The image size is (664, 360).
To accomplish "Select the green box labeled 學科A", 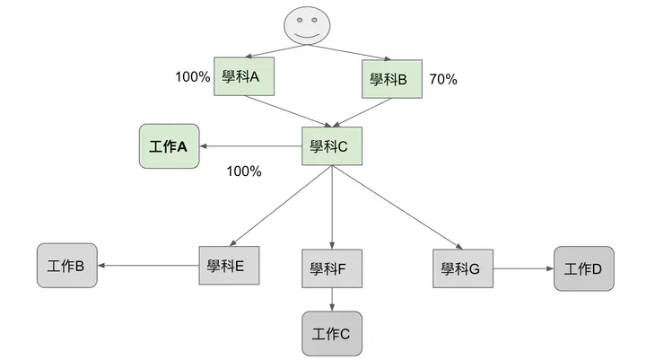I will (x=244, y=77).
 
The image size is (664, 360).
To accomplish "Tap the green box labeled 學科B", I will (x=391, y=79).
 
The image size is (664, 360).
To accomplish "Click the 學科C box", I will (x=332, y=145).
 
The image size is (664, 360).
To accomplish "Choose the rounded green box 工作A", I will (x=169, y=145).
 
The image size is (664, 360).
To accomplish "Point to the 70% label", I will (x=443, y=79).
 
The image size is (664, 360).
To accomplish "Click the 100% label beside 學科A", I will (x=192, y=77).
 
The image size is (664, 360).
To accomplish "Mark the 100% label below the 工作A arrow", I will (x=243, y=171).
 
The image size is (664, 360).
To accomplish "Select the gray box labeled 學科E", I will (x=228, y=266).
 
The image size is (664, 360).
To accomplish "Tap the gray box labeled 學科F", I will (x=332, y=268).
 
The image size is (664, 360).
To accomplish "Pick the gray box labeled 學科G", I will (x=463, y=268).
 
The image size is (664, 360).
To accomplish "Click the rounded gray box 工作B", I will (x=66, y=266).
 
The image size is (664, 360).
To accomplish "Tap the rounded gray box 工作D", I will (x=584, y=268).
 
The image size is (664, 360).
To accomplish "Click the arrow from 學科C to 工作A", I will (x=251, y=145).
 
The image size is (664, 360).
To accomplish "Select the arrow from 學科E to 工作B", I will (x=148, y=266).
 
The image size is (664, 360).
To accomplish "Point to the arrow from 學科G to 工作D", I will (x=523, y=268).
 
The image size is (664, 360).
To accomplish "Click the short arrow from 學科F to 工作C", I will (x=333, y=300).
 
